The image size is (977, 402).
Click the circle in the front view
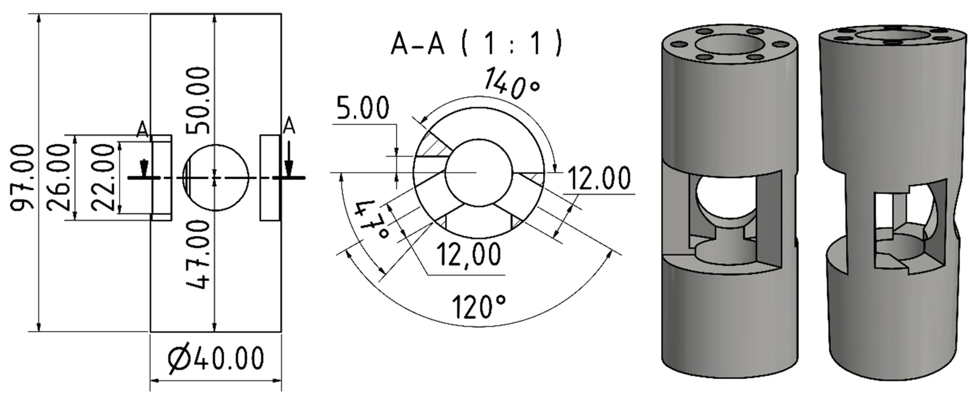pos(216,177)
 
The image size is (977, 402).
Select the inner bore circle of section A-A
pos(479,173)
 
